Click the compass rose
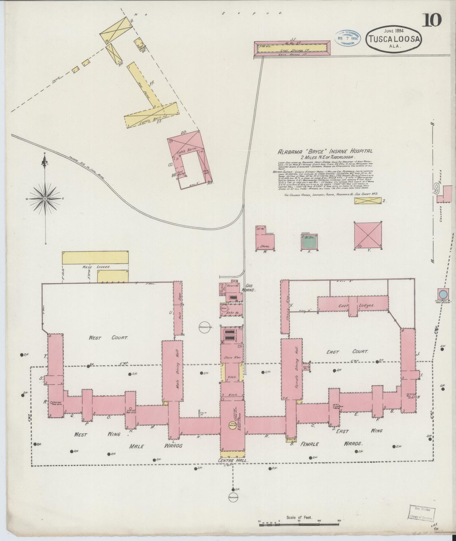(45, 199)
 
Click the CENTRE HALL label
(232, 461)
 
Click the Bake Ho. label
(233, 313)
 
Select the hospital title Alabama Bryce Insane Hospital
(324, 152)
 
